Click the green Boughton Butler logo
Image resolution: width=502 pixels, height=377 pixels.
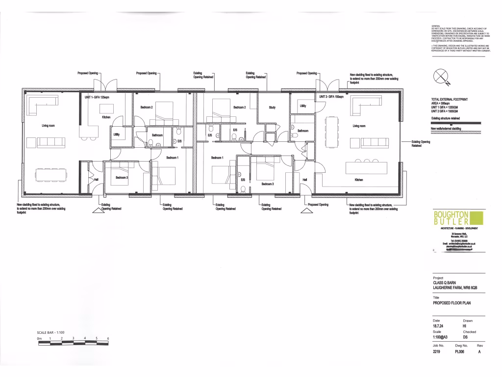point(457,218)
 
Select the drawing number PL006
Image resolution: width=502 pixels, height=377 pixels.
point(462,351)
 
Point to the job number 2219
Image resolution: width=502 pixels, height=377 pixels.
point(438,351)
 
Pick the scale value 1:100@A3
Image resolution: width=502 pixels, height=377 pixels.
point(443,337)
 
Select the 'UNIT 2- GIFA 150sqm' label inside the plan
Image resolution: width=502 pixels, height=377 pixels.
point(331,97)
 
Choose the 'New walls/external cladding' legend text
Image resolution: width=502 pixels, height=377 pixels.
point(447,128)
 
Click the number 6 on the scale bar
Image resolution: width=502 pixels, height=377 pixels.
point(108,339)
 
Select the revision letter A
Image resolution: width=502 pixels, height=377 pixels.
point(480,351)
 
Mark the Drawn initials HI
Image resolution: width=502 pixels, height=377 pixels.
point(464,326)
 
